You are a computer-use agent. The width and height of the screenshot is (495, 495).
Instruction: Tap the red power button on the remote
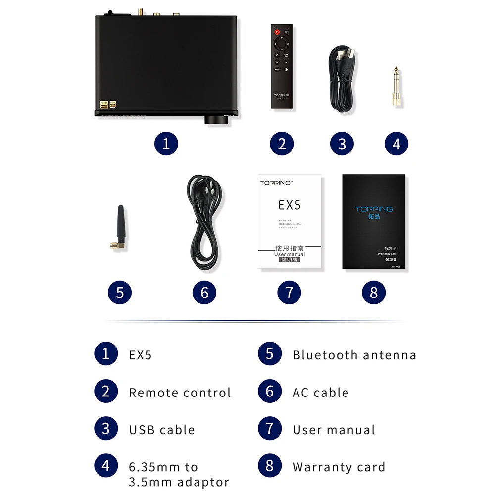point(277,31)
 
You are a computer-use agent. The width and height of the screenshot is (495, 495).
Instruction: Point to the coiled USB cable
point(342,79)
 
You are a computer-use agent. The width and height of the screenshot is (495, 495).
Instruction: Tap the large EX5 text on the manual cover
point(290,204)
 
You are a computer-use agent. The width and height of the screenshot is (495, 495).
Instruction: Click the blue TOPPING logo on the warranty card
point(374,209)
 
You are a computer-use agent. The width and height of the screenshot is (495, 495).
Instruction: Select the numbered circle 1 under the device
point(166,144)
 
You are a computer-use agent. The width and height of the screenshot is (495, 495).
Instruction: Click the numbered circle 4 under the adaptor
point(396,144)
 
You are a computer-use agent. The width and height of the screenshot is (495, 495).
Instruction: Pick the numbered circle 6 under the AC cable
point(204,293)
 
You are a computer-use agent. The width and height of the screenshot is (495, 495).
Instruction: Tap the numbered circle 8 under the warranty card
point(374,293)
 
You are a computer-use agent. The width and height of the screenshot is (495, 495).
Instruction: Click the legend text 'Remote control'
point(180,393)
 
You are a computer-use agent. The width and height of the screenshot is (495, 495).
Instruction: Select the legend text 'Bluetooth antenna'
point(354,355)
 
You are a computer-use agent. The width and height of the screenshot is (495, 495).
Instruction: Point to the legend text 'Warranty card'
point(339,467)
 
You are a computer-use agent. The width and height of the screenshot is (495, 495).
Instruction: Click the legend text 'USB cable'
point(162,430)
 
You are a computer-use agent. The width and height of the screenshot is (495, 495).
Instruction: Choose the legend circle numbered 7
point(270,429)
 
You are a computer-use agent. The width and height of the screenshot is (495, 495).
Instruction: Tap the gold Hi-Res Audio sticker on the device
point(104,104)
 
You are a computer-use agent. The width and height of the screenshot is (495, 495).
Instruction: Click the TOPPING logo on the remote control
point(281,95)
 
